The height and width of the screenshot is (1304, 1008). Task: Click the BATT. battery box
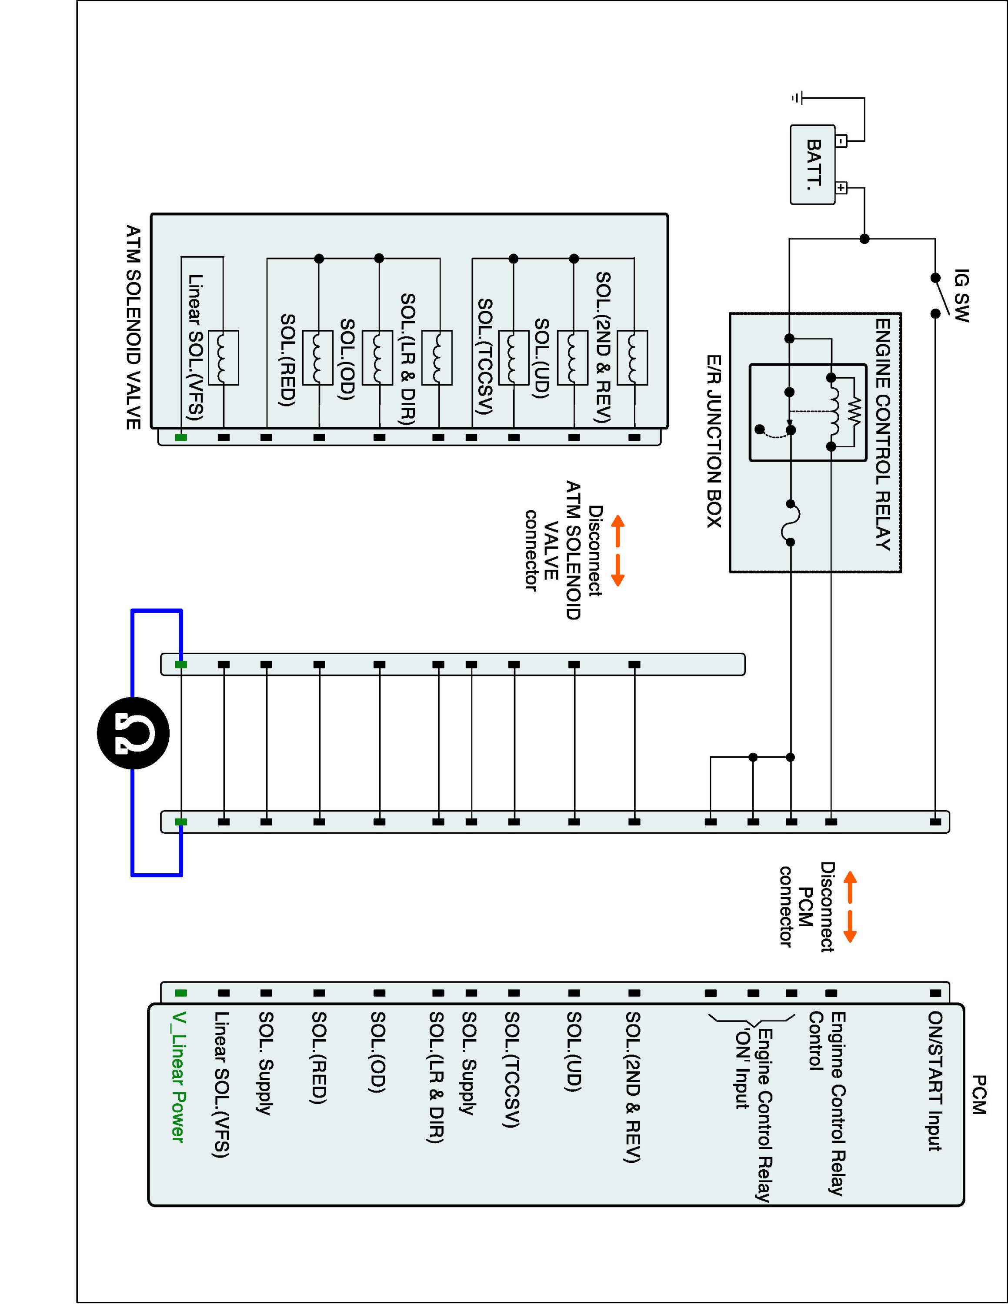[x=812, y=164]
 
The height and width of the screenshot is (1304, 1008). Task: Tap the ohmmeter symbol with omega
[x=133, y=733]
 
